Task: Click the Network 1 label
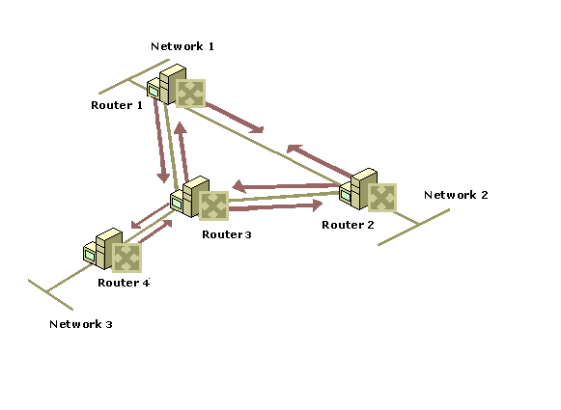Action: click(x=182, y=46)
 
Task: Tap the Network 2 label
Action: click(x=456, y=195)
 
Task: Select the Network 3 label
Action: click(x=81, y=324)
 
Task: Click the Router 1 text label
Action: click(x=117, y=105)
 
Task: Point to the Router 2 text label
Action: click(x=348, y=225)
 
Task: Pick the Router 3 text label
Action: click(x=227, y=234)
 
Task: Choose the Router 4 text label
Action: click(x=124, y=283)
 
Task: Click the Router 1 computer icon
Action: click(x=176, y=86)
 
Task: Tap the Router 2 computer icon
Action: click(x=368, y=190)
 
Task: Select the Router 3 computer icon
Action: click(x=199, y=198)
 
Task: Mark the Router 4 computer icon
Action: click(x=113, y=250)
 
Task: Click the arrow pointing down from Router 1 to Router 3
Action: click(x=160, y=141)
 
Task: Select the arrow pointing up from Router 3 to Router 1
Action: click(x=182, y=151)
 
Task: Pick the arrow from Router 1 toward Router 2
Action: click(x=235, y=118)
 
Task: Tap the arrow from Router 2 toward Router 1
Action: click(x=320, y=160)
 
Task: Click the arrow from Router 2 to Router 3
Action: click(x=286, y=186)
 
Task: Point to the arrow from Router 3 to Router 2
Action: click(x=275, y=206)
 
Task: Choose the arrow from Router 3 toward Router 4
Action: click(x=151, y=215)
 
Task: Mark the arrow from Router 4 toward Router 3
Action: click(x=155, y=232)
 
